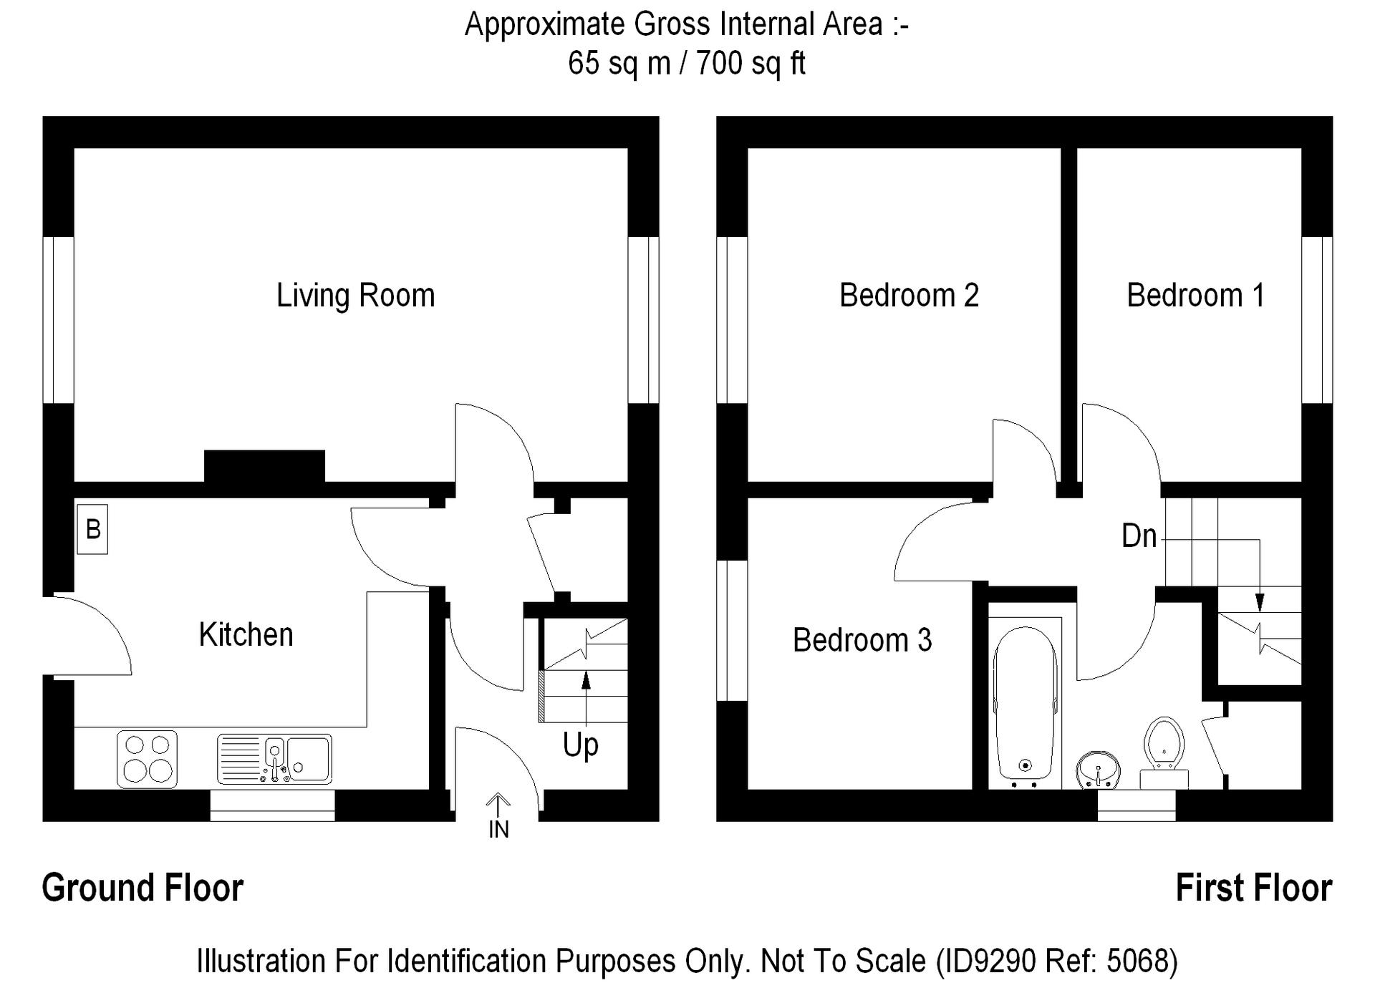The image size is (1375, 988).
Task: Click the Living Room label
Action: (356, 296)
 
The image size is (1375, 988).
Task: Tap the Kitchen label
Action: (246, 634)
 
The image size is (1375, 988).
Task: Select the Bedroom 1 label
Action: (1196, 295)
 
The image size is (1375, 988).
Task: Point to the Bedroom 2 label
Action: (909, 295)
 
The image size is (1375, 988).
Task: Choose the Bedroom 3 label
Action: (862, 640)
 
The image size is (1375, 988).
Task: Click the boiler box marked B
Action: (92, 530)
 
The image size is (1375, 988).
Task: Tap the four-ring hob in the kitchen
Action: (148, 759)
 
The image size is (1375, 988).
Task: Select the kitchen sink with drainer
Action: (275, 759)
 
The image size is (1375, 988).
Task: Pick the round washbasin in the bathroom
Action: (1098, 770)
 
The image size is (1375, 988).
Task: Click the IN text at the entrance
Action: (498, 830)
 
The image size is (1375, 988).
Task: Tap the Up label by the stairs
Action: (581, 746)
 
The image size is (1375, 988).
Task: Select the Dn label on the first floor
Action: (1139, 536)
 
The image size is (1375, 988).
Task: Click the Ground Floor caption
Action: (143, 888)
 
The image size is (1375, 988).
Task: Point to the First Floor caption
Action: (1254, 888)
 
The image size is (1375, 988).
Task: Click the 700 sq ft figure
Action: (751, 63)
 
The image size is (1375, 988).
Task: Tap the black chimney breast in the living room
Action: (265, 465)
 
